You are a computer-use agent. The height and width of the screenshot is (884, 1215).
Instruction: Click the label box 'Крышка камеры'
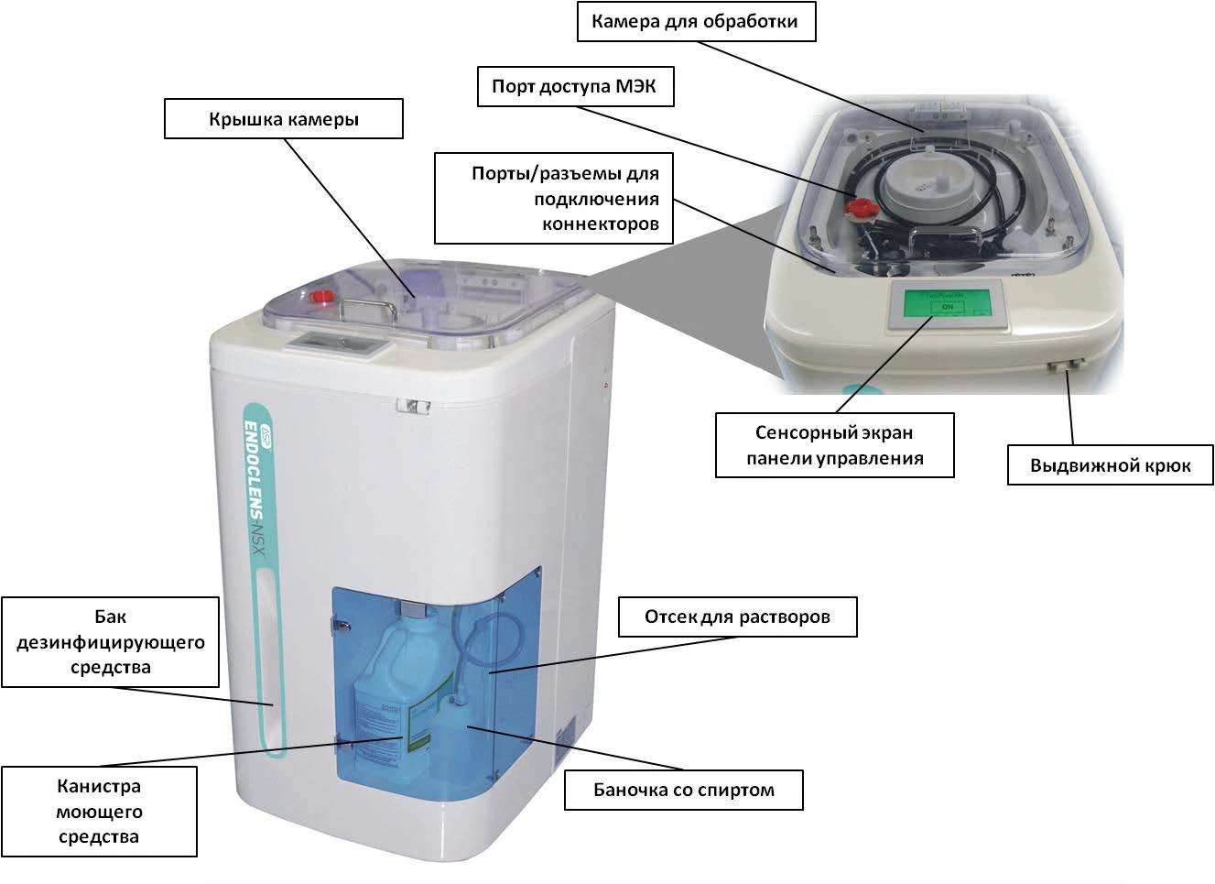click(x=283, y=119)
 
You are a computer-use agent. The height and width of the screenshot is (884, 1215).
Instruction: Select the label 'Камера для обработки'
click(x=696, y=22)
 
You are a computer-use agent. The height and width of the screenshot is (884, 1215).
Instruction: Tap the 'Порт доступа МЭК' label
click(x=573, y=87)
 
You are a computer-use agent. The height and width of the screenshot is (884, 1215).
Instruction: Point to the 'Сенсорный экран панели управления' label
click(x=834, y=445)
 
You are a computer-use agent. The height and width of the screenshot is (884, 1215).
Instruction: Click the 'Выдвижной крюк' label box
click(x=1110, y=465)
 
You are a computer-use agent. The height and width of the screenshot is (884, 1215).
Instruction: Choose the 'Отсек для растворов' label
click(x=737, y=617)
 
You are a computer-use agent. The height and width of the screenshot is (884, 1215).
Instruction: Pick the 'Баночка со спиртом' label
click(x=683, y=790)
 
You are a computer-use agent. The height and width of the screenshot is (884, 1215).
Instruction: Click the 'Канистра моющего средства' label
click(x=99, y=812)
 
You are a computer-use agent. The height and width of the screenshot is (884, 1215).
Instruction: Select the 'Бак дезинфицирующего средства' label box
click(x=111, y=641)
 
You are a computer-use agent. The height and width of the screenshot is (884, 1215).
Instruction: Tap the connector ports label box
click(x=553, y=199)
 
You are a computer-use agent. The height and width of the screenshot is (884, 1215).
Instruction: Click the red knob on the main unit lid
click(x=323, y=296)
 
